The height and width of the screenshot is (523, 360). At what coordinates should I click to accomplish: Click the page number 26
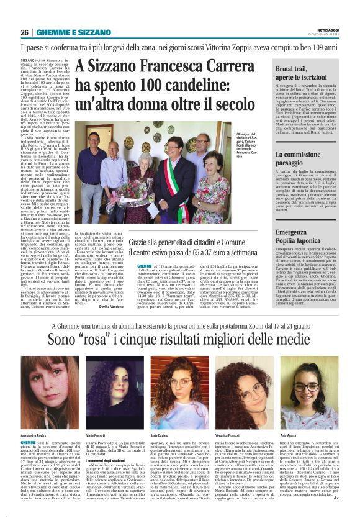pyautogui.click(x=25, y=32)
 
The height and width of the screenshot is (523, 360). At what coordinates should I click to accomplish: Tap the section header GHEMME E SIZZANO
pyautogui.click(x=65, y=32)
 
